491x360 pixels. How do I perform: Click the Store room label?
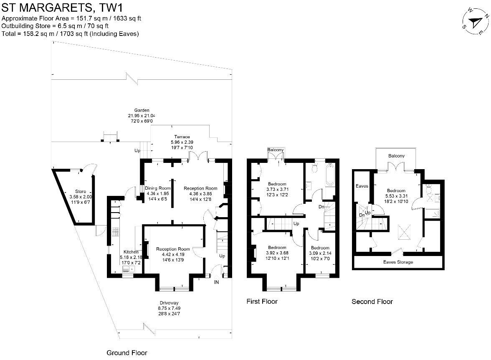click(x=81, y=191)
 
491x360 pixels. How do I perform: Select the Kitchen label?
click(x=131, y=252)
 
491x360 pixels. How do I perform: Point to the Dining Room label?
click(x=157, y=188)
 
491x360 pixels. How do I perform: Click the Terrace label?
click(x=182, y=137)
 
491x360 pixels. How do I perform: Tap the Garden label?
click(x=142, y=110)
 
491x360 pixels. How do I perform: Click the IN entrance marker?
click(x=216, y=283)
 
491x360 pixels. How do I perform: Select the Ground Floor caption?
click(x=127, y=353)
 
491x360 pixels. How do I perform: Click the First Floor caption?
click(x=262, y=301)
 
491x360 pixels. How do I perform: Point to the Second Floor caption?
click(x=372, y=301)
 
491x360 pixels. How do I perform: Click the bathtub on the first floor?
click(x=329, y=175)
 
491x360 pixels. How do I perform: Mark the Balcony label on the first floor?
click(x=276, y=150)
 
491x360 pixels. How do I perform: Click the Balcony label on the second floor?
click(x=396, y=156)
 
